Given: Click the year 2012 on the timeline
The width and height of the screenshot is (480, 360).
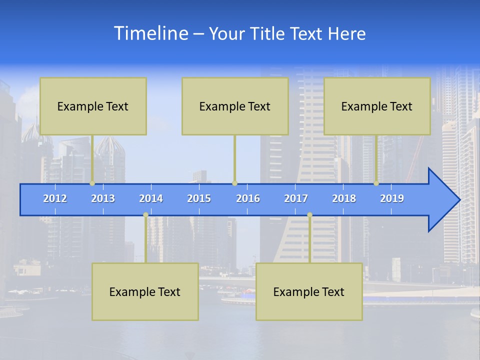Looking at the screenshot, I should (x=55, y=198).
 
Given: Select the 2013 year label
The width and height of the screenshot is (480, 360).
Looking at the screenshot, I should (x=103, y=198).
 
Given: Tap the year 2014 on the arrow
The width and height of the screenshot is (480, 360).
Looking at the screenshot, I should (x=151, y=198).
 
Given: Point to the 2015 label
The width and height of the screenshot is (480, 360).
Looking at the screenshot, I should (x=199, y=198).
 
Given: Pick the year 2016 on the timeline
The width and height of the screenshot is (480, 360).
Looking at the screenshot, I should (x=248, y=198).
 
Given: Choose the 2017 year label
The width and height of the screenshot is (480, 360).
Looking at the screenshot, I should (x=296, y=198).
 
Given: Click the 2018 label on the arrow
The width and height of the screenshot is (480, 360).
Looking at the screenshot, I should (x=344, y=198).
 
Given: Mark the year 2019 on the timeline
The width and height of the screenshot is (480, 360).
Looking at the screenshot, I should (x=392, y=198).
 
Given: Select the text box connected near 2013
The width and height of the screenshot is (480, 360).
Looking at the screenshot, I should (x=93, y=106).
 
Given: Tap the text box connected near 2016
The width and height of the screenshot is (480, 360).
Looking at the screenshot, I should (x=235, y=106).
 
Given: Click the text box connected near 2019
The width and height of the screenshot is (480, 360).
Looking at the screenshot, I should (x=377, y=106).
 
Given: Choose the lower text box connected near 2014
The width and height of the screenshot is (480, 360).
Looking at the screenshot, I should (x=145, y=291).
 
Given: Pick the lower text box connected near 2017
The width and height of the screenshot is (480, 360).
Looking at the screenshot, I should (x=309, y=291).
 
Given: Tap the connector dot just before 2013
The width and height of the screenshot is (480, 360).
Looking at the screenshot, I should (x=92, y=183).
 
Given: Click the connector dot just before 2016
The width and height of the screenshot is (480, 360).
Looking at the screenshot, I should (x=234, y=183).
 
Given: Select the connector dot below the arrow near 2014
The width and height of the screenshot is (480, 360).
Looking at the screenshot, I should (x=145, y=215).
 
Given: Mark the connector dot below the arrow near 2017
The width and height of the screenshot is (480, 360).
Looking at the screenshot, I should (x=309, y=215).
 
